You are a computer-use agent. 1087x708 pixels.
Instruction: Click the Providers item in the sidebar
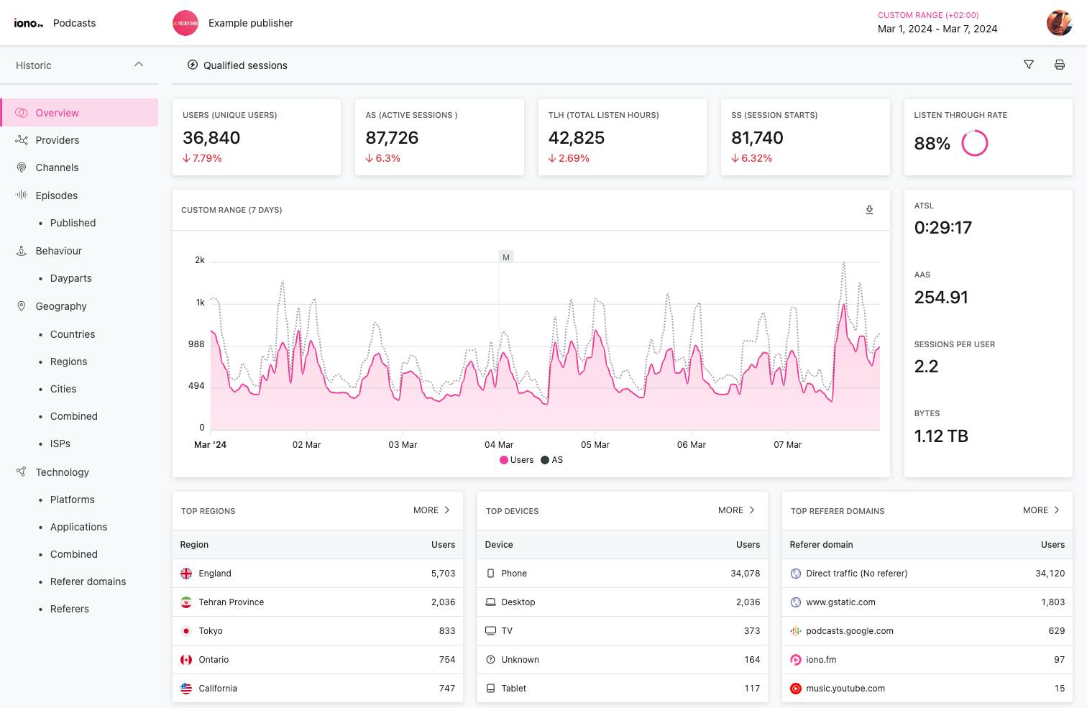coord(57,140)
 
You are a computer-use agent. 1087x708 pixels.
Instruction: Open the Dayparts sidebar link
coord(70,278)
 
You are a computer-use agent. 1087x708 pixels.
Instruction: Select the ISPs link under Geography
coord(60,443)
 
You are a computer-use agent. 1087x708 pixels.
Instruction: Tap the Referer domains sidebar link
coord(88,581)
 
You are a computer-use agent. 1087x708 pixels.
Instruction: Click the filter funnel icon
coord(1029,65)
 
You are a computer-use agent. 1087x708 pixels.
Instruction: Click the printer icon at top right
coord(1059,65)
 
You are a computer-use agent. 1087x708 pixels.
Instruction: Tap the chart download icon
coord(869,210)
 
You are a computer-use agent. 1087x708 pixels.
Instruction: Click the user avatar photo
coord(1059,23)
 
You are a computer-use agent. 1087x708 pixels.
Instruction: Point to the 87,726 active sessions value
coord(392,137)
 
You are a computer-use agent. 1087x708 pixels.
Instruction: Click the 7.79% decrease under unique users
coord(202,158)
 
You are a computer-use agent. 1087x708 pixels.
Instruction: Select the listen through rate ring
coord(975,143)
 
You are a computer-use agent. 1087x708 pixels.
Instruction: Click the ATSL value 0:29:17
coord(942,228)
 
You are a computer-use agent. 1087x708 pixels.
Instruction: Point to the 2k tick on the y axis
coord(200,260)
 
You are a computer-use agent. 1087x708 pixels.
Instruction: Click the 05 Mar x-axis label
coord(595,445)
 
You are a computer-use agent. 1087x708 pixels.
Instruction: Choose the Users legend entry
coord(517,460)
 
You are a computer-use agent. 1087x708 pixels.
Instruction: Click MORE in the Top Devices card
coord(736,510)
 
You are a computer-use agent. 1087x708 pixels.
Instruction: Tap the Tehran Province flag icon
coord(186,602)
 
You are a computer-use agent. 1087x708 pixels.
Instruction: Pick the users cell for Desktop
coord(748,602)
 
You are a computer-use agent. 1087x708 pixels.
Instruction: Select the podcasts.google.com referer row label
coord(849,631)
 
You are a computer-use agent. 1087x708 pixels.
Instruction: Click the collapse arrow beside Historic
coord(139,65)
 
